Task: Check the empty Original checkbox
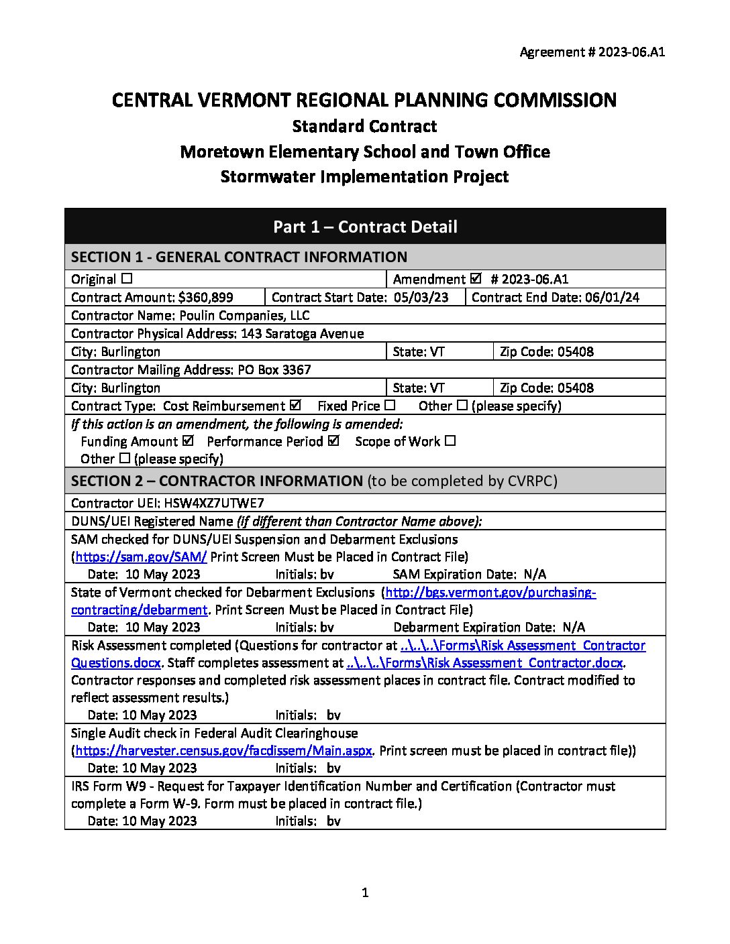127,279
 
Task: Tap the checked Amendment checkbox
476,279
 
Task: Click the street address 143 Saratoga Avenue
303,333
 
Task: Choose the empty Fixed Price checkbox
390,406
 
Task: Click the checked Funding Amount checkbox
188,441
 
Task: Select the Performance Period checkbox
334,441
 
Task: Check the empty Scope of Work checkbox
450,441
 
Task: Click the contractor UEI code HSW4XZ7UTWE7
219,503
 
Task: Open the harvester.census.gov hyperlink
223,750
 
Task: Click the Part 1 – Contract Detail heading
365,227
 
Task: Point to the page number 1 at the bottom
365,892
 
